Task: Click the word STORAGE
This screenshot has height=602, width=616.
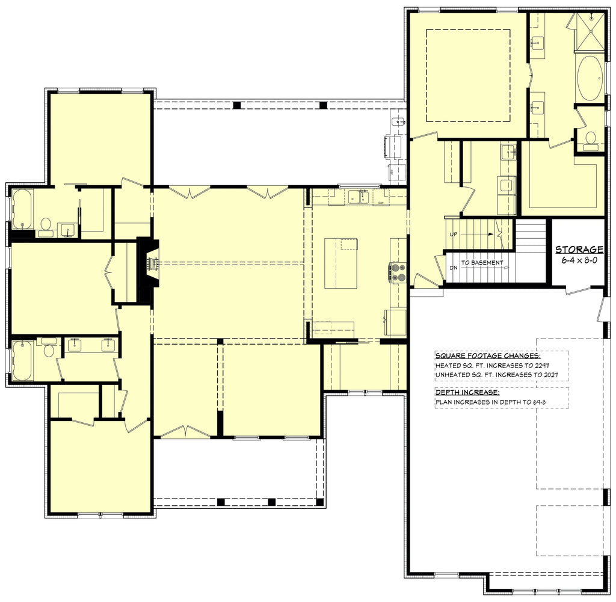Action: tap(579, 249)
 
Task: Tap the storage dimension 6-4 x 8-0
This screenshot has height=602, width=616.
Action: tap(579, 260)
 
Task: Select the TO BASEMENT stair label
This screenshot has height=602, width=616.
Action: tap(482, 262)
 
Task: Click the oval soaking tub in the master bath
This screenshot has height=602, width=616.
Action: tap(590, 79)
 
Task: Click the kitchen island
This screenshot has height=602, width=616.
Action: tap(340, 263)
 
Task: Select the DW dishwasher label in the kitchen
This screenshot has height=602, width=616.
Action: tap(381, 203)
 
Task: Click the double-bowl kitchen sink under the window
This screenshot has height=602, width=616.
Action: tap(359, 197)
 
